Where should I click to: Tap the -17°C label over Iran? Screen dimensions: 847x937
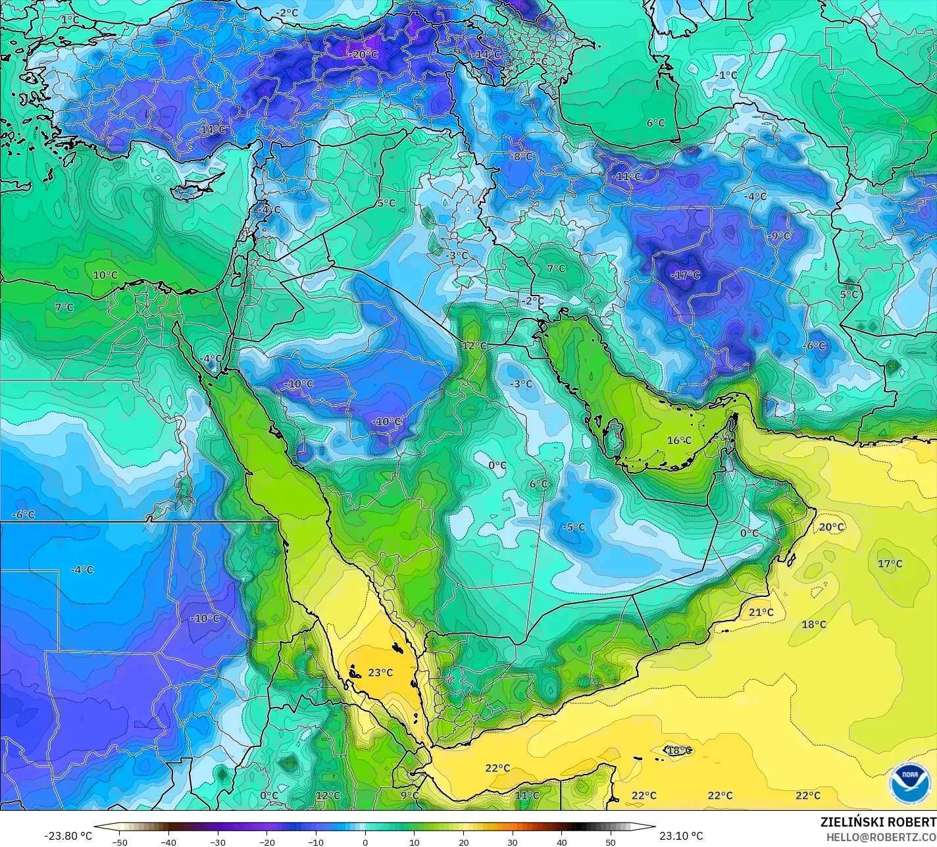coord(685,275)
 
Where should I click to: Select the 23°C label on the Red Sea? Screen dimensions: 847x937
coord(380,673)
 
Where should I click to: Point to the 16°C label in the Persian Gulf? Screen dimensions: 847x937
coord(679,440)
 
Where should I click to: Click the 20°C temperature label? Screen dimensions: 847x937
coord(831,527)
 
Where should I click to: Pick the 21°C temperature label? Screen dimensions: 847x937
coord(761,613)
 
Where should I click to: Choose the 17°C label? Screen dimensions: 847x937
coord(890,564)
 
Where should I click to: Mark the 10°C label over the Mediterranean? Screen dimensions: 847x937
coord(105,275)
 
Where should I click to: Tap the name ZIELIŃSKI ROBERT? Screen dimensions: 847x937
coord(878,822)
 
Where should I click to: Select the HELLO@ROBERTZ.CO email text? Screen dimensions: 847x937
coord(881,837)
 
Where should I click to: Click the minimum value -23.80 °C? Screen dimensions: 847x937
coord(68,836)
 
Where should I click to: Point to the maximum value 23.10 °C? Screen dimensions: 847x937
coord(681,836)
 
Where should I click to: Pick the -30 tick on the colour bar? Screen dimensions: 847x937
coord(218,842)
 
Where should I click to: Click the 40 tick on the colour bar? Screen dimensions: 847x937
coord(561,842)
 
